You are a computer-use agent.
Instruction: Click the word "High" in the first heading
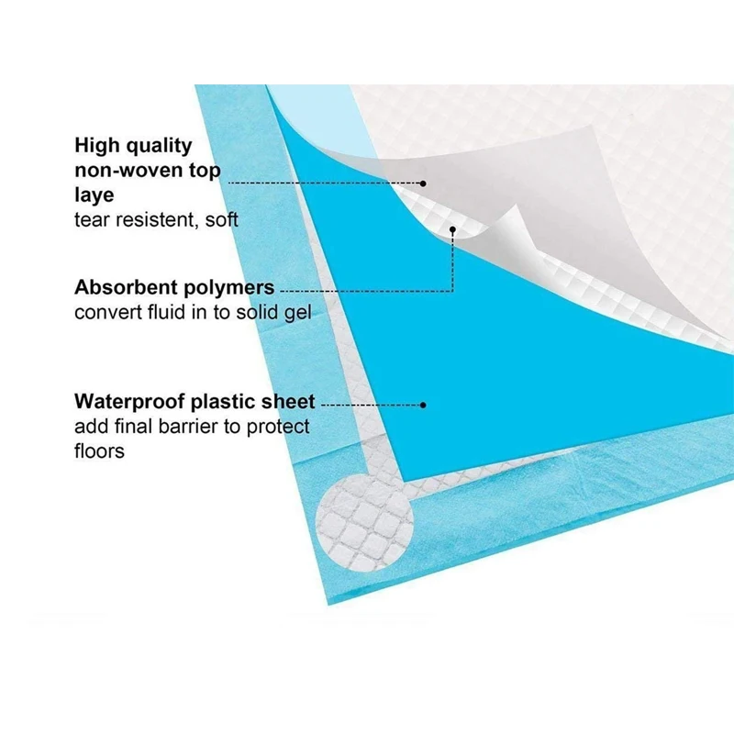point(98,145)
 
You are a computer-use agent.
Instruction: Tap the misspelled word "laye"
point(95,195)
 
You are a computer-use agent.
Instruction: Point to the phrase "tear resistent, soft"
point(156,219)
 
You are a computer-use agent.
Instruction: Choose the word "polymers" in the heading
point(231,287)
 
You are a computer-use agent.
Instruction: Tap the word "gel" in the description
point(297,312)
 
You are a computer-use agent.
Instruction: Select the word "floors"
point(99,450)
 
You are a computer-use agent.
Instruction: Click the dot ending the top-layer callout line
point(423,183)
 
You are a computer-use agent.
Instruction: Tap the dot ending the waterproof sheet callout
point(423,404)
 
